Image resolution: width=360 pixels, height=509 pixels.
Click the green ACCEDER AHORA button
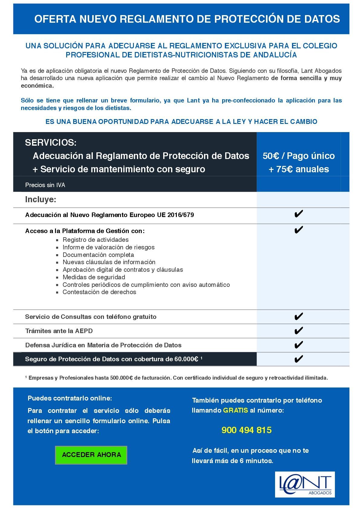click(x=91, y=455)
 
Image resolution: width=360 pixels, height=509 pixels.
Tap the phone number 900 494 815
click(x=246, y=430)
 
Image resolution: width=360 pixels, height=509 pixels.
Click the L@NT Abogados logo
click(x=305, y=484)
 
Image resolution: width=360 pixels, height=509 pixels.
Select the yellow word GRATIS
click(x=235, y=410)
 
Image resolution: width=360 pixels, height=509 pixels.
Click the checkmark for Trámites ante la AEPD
click(x=298, y=331)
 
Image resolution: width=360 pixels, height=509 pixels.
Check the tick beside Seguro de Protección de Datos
click(x=298, y=359)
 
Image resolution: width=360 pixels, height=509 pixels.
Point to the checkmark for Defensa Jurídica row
click(x=298, y=345)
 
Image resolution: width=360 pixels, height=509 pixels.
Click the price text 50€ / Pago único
click(x=299, y=156)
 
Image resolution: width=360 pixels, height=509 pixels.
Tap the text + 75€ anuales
click(x=299, y=169)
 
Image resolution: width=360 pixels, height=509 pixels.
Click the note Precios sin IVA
click(x=45, y=185)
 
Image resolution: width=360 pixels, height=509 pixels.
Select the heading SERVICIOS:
click(x=51, y=142)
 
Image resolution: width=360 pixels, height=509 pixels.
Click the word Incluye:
click(x=41, y=199)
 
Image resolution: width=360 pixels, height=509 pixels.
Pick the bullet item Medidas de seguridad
click(x=94, y=277)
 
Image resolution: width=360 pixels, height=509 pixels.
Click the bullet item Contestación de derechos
click(x=99, y=292)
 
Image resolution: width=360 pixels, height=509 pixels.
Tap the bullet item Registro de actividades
click(x=96, y=240)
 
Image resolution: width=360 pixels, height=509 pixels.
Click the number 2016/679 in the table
click(x=180, y=215)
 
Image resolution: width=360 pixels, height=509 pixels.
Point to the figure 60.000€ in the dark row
click(x=186, y=359)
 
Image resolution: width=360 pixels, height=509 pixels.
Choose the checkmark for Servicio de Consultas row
click(x=298, y=316)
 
